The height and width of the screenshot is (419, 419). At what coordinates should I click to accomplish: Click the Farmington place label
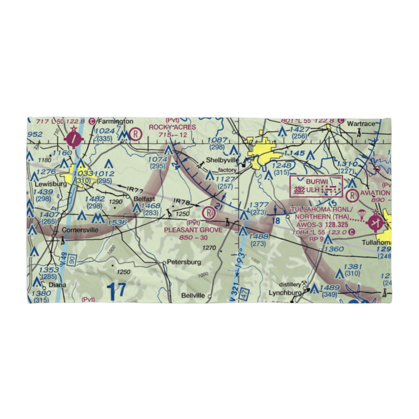tap(115, 122)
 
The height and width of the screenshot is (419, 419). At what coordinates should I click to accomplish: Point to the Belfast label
tap(145, 199)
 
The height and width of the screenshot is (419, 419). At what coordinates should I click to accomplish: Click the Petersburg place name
tap(184, 262)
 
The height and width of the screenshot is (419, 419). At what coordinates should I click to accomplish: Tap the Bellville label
tap(193, 295)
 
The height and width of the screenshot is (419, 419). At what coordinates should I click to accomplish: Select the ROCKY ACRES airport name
tap(173, 127)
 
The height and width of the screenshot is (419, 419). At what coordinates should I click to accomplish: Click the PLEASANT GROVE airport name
tap(193, 230)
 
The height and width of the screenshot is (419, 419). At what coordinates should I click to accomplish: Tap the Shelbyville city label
tap(222, 160)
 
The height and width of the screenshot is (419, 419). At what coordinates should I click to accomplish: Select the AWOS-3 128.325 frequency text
tap(320, 224)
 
